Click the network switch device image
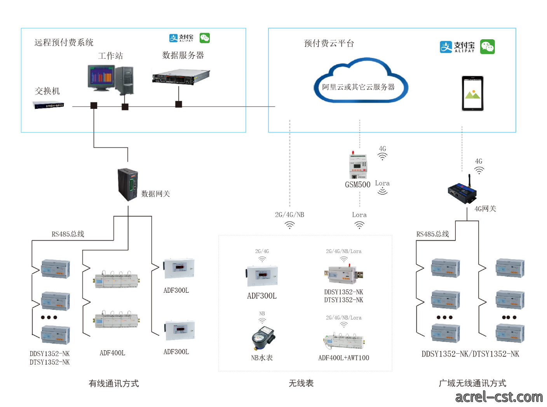click(48, 105)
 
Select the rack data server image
click(181, 77)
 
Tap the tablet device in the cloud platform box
click(472, 93)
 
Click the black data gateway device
click(128, 184)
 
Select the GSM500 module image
click(357, 164)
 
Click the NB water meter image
click(263, 338)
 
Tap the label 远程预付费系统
click(64, 42)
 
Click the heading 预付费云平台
click(329, 44)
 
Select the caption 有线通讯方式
click(114, 383)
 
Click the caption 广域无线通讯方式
click(472, 383)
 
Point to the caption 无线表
click(301, 383)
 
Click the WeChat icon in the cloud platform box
click(487, 47)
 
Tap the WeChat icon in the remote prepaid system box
click(204, 38)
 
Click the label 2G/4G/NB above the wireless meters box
click(289, 215)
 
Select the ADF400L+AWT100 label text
click(343, 358)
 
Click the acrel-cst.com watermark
click(499, 397)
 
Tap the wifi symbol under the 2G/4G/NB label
click(289, 225)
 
